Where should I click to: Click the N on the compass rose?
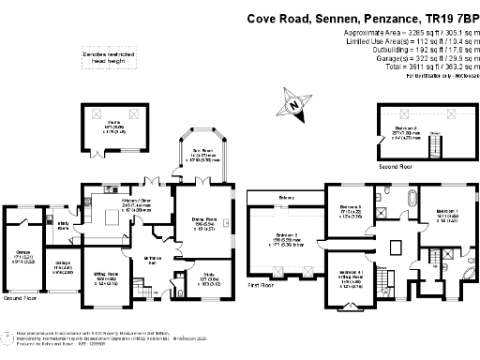pos(295,108)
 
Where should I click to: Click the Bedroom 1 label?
pos(442,212)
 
